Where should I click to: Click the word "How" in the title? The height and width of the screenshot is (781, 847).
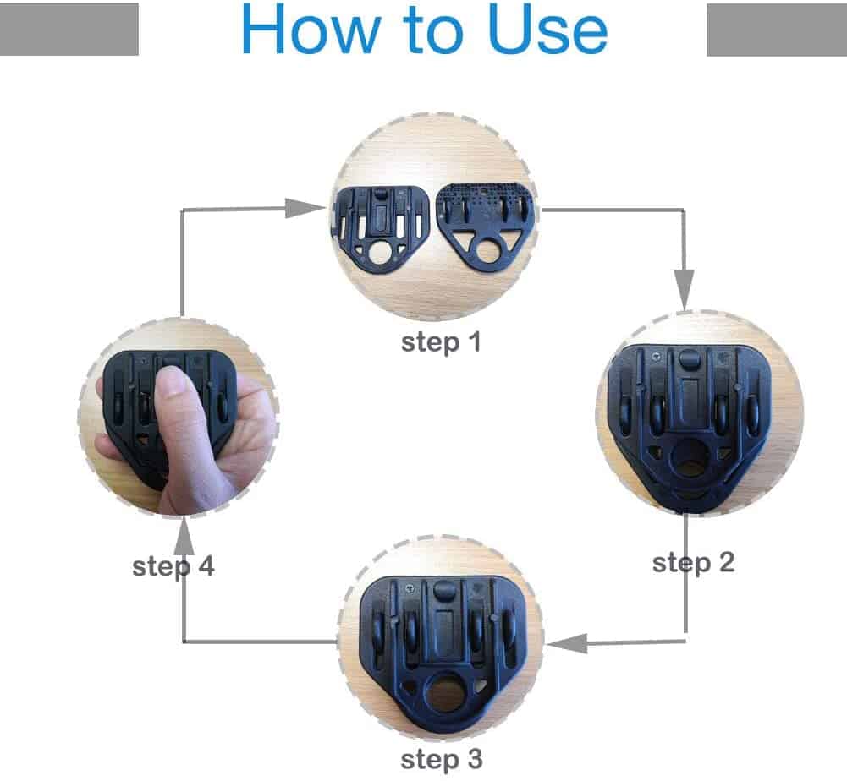click(311, 29)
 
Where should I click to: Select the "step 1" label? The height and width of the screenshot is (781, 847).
click(441, 342)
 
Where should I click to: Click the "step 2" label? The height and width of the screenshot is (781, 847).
click(693, 563)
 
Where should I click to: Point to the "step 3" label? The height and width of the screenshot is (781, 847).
click(442, 760)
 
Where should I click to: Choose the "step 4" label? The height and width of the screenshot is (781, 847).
click(173, 566)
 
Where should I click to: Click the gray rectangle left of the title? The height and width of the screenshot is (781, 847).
click(69, 29)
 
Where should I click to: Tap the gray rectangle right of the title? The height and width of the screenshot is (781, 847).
click(777, 29)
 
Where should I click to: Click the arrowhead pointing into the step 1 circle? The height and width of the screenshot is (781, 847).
click(305, 208)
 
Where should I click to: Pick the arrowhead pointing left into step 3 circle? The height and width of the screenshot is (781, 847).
click(567, 643)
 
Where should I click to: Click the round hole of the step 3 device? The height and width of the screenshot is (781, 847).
click(446, 693)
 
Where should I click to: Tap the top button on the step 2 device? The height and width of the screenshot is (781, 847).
click(688, 358)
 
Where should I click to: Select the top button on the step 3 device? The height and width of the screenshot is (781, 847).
click(444, 589)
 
